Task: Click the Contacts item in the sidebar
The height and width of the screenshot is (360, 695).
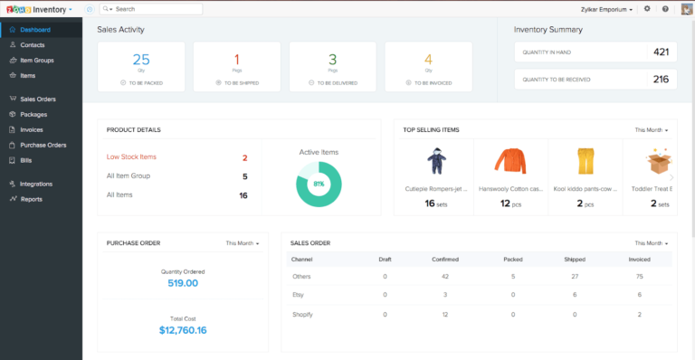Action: pyautogui.click(x=33, y=43)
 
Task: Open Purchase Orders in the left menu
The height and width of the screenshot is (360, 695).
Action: pyautogui.click(x=43, y=145)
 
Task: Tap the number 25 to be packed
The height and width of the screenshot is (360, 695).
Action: pyautogui.click(x=141, y=61)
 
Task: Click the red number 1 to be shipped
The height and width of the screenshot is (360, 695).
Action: pyautogui.click(x=237, y=61)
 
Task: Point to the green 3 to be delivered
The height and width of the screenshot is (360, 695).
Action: pyautogui.click(x=333, y=61)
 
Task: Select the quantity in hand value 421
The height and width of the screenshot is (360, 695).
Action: pyautogui.click(x=660, y=52)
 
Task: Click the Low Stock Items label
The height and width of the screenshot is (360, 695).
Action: pyautogui.click(x=131, y=156)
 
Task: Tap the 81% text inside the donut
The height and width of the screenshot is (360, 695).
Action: pyautogui.click(x=319, y=184)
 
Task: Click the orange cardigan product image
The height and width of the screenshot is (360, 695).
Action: pyautogui.click(x=509, y=162)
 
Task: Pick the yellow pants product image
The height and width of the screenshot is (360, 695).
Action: pyautogui.click(x=585, y=162)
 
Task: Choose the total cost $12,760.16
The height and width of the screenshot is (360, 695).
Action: pyautogui.click(x=183, y=330)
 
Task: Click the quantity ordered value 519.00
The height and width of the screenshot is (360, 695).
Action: pyautogui.click(x=183, y=283)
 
